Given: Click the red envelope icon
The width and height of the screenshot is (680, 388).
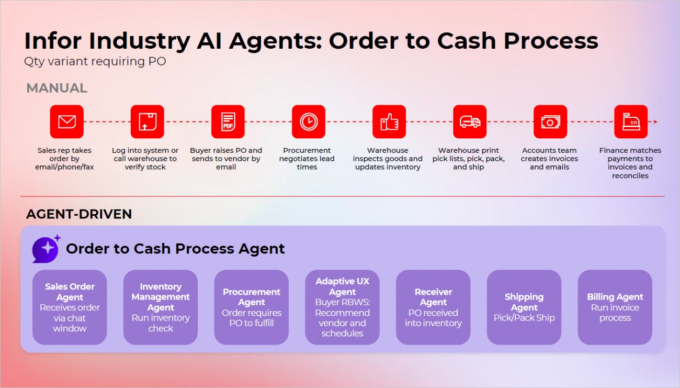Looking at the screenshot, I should click(x=66, y=121).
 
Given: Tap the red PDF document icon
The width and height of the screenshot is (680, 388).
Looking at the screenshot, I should click(x=228, y=121).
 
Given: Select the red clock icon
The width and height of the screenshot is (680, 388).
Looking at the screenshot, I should click(x=308, y=121).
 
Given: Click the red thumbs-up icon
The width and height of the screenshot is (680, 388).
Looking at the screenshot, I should click(x=389, y=121).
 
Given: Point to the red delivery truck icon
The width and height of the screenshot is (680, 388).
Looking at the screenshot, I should click(x=469, y=121).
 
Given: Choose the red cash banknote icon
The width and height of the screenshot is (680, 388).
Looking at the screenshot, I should click(x=550, y=121).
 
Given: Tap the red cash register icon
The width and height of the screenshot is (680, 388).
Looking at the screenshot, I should click(x=630, y=121).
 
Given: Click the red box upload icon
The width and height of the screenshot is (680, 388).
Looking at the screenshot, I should click(x=147, y=121).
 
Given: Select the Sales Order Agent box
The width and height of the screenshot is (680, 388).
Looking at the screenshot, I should click(x=70, y=307).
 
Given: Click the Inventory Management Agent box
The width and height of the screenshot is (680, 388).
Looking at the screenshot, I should click(x=161, y=307).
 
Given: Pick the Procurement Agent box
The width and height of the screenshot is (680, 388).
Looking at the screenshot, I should click(x=252, y=307).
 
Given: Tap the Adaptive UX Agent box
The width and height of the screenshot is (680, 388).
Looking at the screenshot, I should click(x=343, y=307).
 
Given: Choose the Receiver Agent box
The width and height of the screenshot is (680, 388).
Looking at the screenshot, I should click(x=433, y=307).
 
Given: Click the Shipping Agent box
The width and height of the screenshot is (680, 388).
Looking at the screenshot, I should click(x=524, y=307).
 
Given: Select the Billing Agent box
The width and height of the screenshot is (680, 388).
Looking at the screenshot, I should click(x=615, y=307).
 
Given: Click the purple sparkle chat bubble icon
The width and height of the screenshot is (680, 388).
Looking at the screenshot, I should click(x=46, y=249).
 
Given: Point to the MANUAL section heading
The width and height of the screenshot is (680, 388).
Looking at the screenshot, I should click(x=56, y=88).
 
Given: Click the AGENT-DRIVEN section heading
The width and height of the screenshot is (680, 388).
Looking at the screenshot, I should click(x=79, y=214).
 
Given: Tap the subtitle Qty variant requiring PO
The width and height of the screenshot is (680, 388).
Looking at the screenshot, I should click(x=95, y=61).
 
